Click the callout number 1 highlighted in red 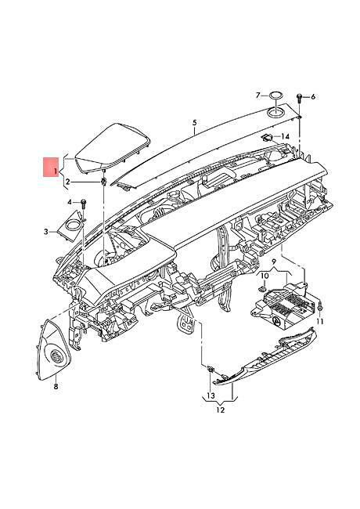coord(56,171)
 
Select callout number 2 coord(67,182)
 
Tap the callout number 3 coord(46,232)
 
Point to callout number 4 coord(70,202)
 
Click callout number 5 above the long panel coord(194,123)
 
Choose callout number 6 coord(313,97)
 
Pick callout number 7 coord(257,95)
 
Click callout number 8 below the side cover coord(56,386)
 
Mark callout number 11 coord(320,321)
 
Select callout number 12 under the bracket coord(220,410)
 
